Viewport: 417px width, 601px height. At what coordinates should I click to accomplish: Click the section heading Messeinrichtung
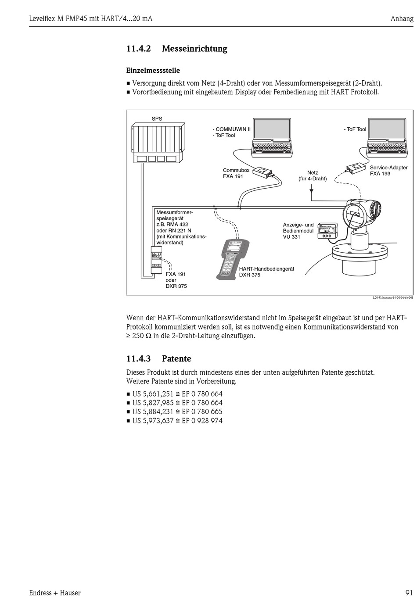tap(194, 49)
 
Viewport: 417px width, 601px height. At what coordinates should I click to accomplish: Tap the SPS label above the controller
tap(157, 118)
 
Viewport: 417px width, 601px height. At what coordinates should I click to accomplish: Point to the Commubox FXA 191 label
tap(236, 173)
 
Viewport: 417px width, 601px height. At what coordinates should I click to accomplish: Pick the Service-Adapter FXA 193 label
tap(388, 170)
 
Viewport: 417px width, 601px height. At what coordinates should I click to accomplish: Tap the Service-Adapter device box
tap(356, 167)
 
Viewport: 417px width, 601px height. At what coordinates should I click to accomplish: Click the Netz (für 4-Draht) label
tap(313, 175)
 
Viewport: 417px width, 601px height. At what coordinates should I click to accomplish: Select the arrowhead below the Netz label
tap(311, 191)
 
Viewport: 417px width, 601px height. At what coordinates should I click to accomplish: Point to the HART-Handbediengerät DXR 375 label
tap(266, 272)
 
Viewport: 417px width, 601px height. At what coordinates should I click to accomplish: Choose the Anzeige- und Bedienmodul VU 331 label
tap(298, 231)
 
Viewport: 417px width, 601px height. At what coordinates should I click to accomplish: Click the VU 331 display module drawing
tap(327, 230)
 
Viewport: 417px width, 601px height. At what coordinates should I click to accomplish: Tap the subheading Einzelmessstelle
tap(153, 71)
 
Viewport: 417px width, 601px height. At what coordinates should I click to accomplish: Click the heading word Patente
tap(176, 359)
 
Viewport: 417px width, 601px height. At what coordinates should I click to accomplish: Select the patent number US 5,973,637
tap(153, 421)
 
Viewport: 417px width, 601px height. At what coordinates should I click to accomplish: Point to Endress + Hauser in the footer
tap(55, 593)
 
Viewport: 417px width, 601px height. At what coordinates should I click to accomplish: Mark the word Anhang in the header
tap(402, 18)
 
